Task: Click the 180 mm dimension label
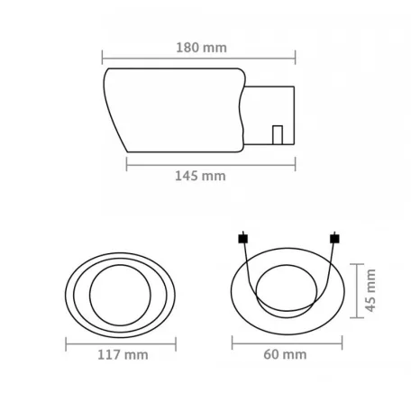click(x=201, y=48)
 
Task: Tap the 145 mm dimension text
click(x=200, y=176)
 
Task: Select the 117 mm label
click(x=123, y=355)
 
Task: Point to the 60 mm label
click(x=285, y=354)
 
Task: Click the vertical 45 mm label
click(x=370, y=290)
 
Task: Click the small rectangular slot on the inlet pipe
click(x=278, y=135)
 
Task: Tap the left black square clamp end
click(x=243, y=239)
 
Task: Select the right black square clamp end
click(x=334, y=239)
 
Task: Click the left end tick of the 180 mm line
click(x=102, y=57)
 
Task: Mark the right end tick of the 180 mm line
click(x=296, y=57)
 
